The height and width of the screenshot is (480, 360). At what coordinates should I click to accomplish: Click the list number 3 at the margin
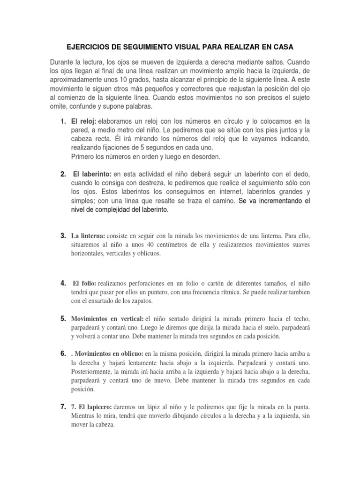pyautogui.click(x=63, y=235)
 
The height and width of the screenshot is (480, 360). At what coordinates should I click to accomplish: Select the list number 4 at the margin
pyautogui.click(x=63, y=283)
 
